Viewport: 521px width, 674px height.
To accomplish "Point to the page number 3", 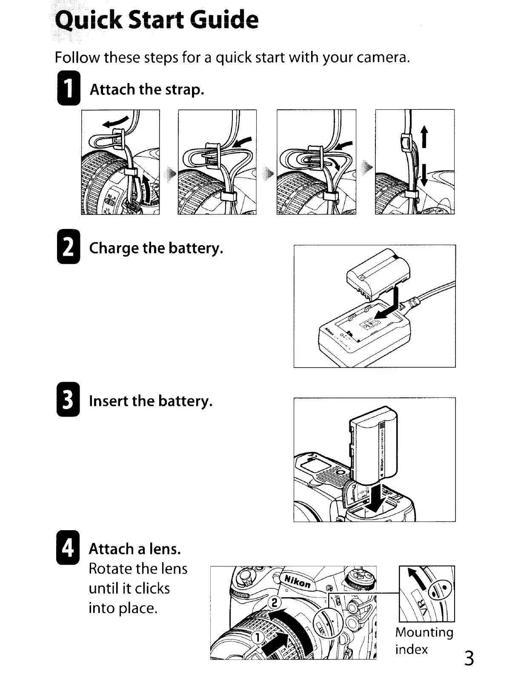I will pos(469,658).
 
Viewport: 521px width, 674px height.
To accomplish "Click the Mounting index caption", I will pos(424,641).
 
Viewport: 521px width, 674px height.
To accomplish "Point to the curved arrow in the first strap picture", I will pos(117,122).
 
